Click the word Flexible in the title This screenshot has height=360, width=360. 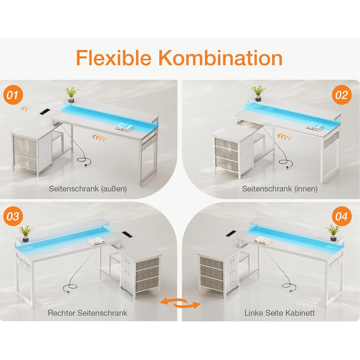click(x=114, y=58)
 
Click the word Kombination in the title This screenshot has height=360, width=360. click(x=221, y=58)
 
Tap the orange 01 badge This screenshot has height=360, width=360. click(x=13, y=95)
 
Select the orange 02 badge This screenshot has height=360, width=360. click(x=342, y=95)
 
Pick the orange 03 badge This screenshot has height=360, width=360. click(x=13, y=217)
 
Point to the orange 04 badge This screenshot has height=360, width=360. click(x=342, y=217)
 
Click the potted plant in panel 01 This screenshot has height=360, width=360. click(x=71, y=94)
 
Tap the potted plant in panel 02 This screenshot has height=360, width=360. click(x=258, y=93)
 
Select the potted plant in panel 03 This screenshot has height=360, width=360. click(x=26, y=233)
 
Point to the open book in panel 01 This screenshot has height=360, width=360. click(x=124, y=127)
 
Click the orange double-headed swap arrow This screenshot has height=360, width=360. click(x=180, y=303)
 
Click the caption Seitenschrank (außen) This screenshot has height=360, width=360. click(x=88, y=189)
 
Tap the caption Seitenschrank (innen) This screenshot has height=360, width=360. click(x=280, y=189)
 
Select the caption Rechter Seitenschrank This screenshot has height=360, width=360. click(x=87, y=313)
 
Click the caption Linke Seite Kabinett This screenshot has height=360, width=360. click(x=279, y=313)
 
